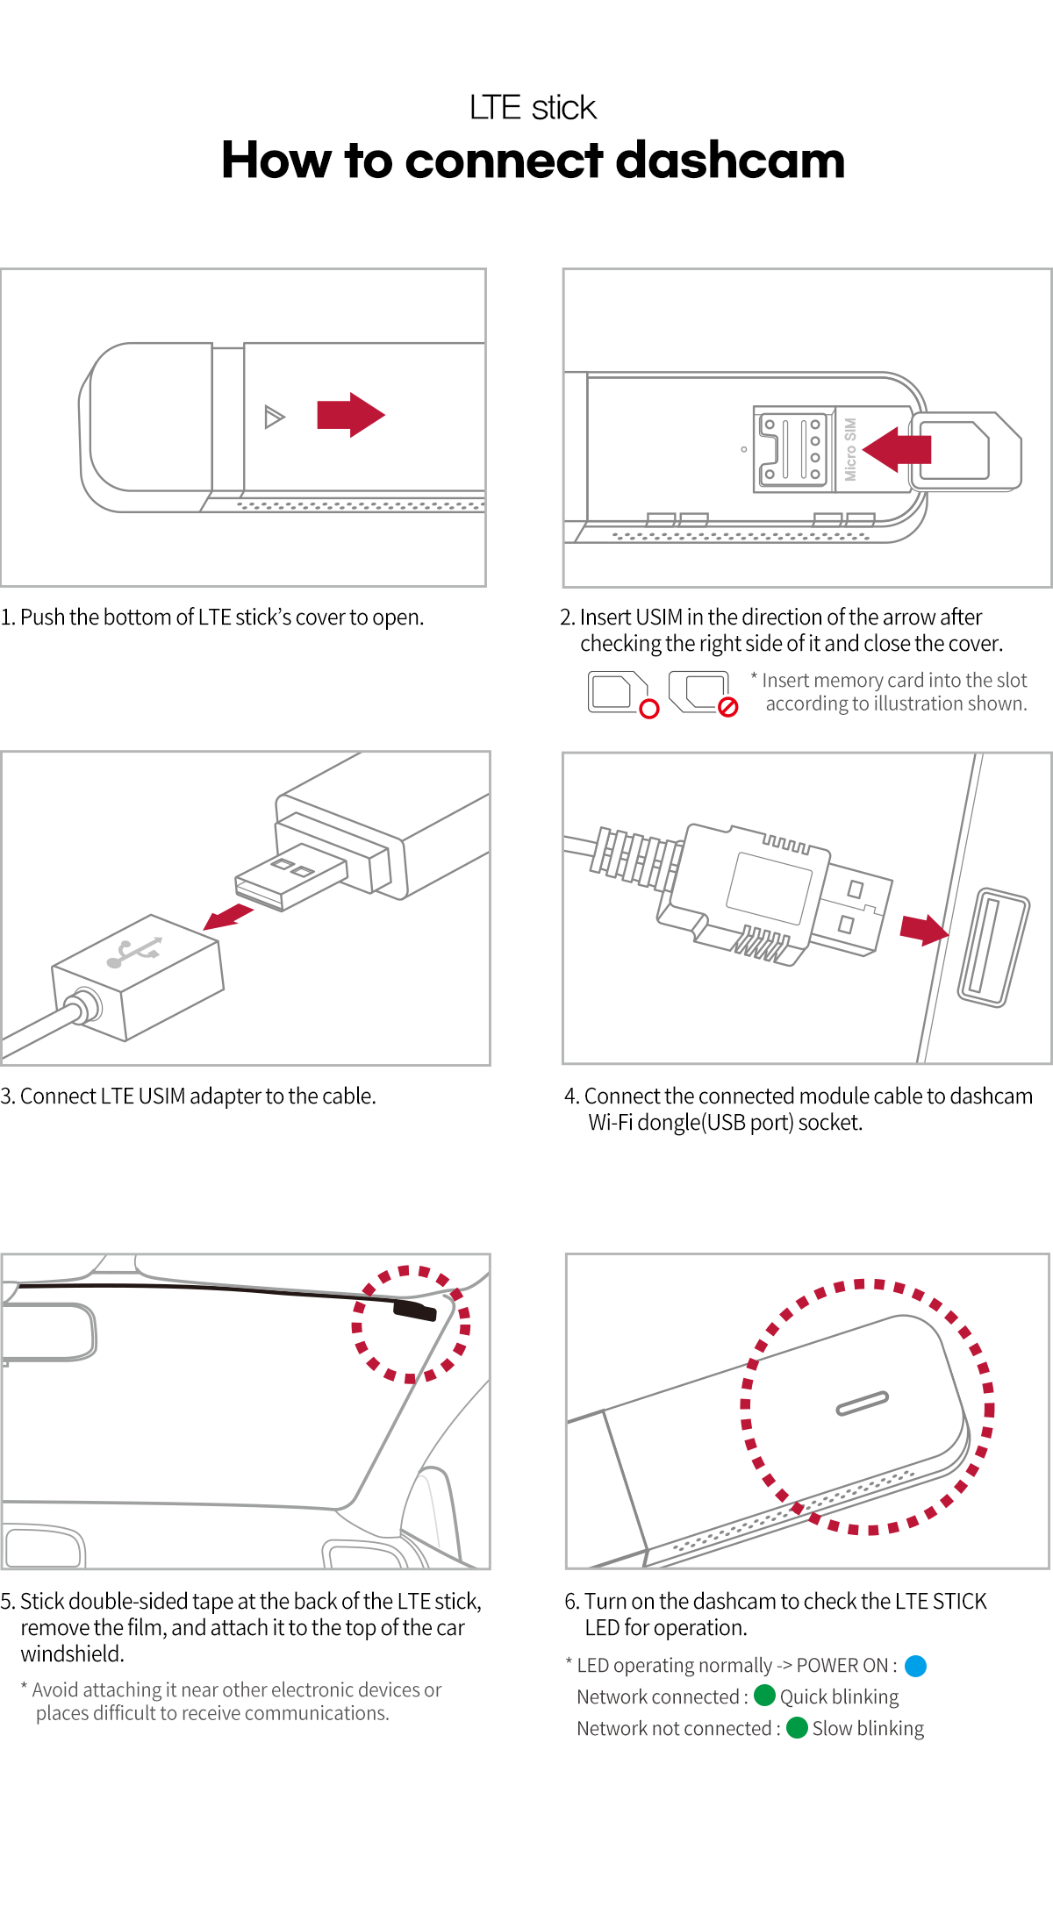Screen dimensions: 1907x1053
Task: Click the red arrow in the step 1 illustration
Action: pos(350,414)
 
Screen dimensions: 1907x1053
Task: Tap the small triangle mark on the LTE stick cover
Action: pos(274,417)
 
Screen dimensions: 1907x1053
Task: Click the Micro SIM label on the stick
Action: pos(849,449)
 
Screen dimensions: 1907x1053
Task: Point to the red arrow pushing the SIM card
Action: pos(897,449)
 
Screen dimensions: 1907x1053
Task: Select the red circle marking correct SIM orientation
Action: pos(649,709)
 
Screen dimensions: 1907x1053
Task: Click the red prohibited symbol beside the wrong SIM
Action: pos(727,707)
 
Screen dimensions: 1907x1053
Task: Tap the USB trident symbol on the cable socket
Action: pos(135,952)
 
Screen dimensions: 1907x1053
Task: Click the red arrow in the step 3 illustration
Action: pos(228,917)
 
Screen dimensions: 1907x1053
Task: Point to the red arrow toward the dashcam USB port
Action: pos(923,929)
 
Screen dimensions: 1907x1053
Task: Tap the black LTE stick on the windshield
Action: pos(414,1311)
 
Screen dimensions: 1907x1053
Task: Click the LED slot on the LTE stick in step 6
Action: pos(863,1403)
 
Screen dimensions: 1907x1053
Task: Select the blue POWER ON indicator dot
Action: pos(915,1666)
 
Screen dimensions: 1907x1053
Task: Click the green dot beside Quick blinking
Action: pos(764,1696)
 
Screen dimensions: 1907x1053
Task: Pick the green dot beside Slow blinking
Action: pos(797,1727)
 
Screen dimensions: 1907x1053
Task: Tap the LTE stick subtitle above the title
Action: pos(533,108)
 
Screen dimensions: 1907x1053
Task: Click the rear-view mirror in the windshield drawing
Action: pos(48,1332)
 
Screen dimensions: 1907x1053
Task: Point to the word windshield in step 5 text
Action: pos(72,1654)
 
